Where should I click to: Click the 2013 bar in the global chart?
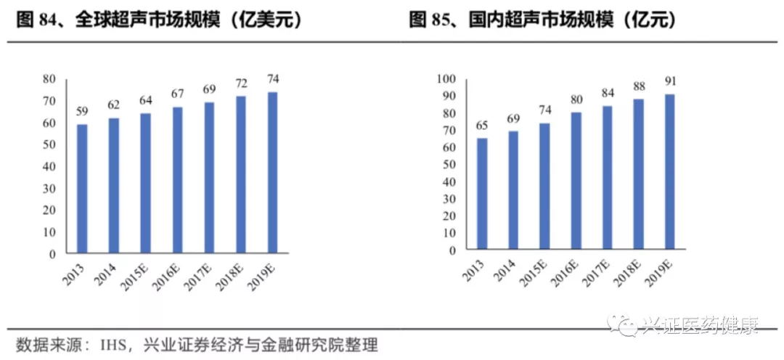point(82,189)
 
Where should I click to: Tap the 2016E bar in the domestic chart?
point(576,181)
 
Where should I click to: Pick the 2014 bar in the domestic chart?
point(513,190)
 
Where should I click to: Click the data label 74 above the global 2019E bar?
point(273,79)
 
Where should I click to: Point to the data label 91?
point(669,81)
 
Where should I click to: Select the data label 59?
point(82,111)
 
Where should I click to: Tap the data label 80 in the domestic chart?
point(576,99)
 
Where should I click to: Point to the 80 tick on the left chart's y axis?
point(49,78)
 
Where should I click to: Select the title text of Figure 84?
point(159,20)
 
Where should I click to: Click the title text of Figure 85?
point(543,20)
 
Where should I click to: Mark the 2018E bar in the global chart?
point(241,175)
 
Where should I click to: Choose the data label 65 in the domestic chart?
point(482,125)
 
